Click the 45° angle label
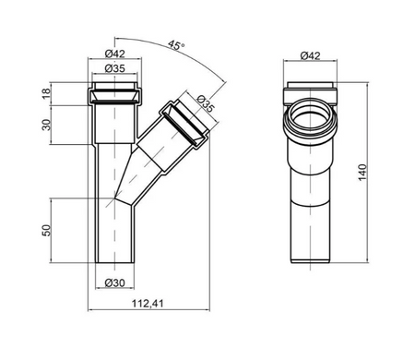click(x=176, y=45)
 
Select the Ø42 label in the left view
click(x=115, y=54)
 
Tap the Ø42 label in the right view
click(x=310, y=55)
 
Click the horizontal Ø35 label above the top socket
click(x=115, y=68)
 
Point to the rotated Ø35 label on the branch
click(x=205, y=103)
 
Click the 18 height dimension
click(x=45, y=93)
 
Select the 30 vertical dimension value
click(x=45, y=125)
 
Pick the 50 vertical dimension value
click(x=45, y=230)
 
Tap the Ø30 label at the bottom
click(x=115, y=282)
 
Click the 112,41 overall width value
click(x=148, y=304)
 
